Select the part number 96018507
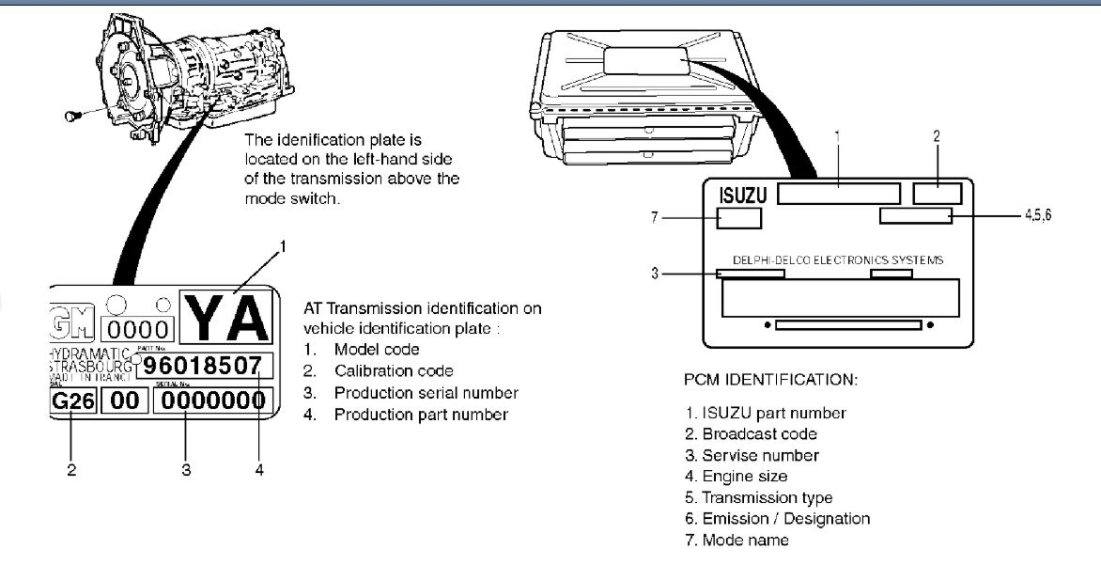coord(204,366)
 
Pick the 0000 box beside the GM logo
coord(138,330)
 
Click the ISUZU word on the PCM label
coord(744,196)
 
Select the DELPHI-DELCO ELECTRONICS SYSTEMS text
coord(838,260)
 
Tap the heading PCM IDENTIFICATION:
coord(770,381)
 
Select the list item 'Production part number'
coord(420,415)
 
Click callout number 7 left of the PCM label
coord(655,217)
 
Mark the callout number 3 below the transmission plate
coord(185,469)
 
